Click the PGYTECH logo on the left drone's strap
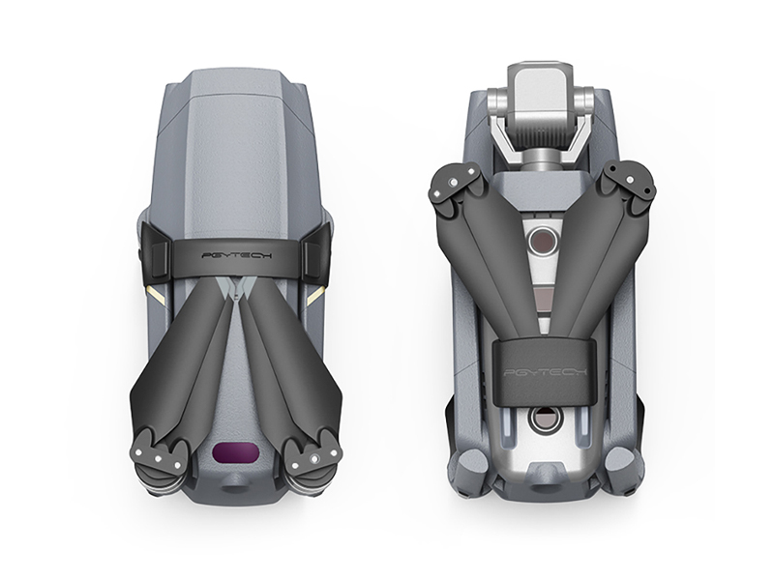tap(231, 256)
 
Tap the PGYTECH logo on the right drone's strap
tap(545, 372)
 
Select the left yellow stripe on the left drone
tap(154, 295)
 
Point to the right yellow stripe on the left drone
tap(315, 298)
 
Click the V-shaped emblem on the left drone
tap(237, 287)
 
